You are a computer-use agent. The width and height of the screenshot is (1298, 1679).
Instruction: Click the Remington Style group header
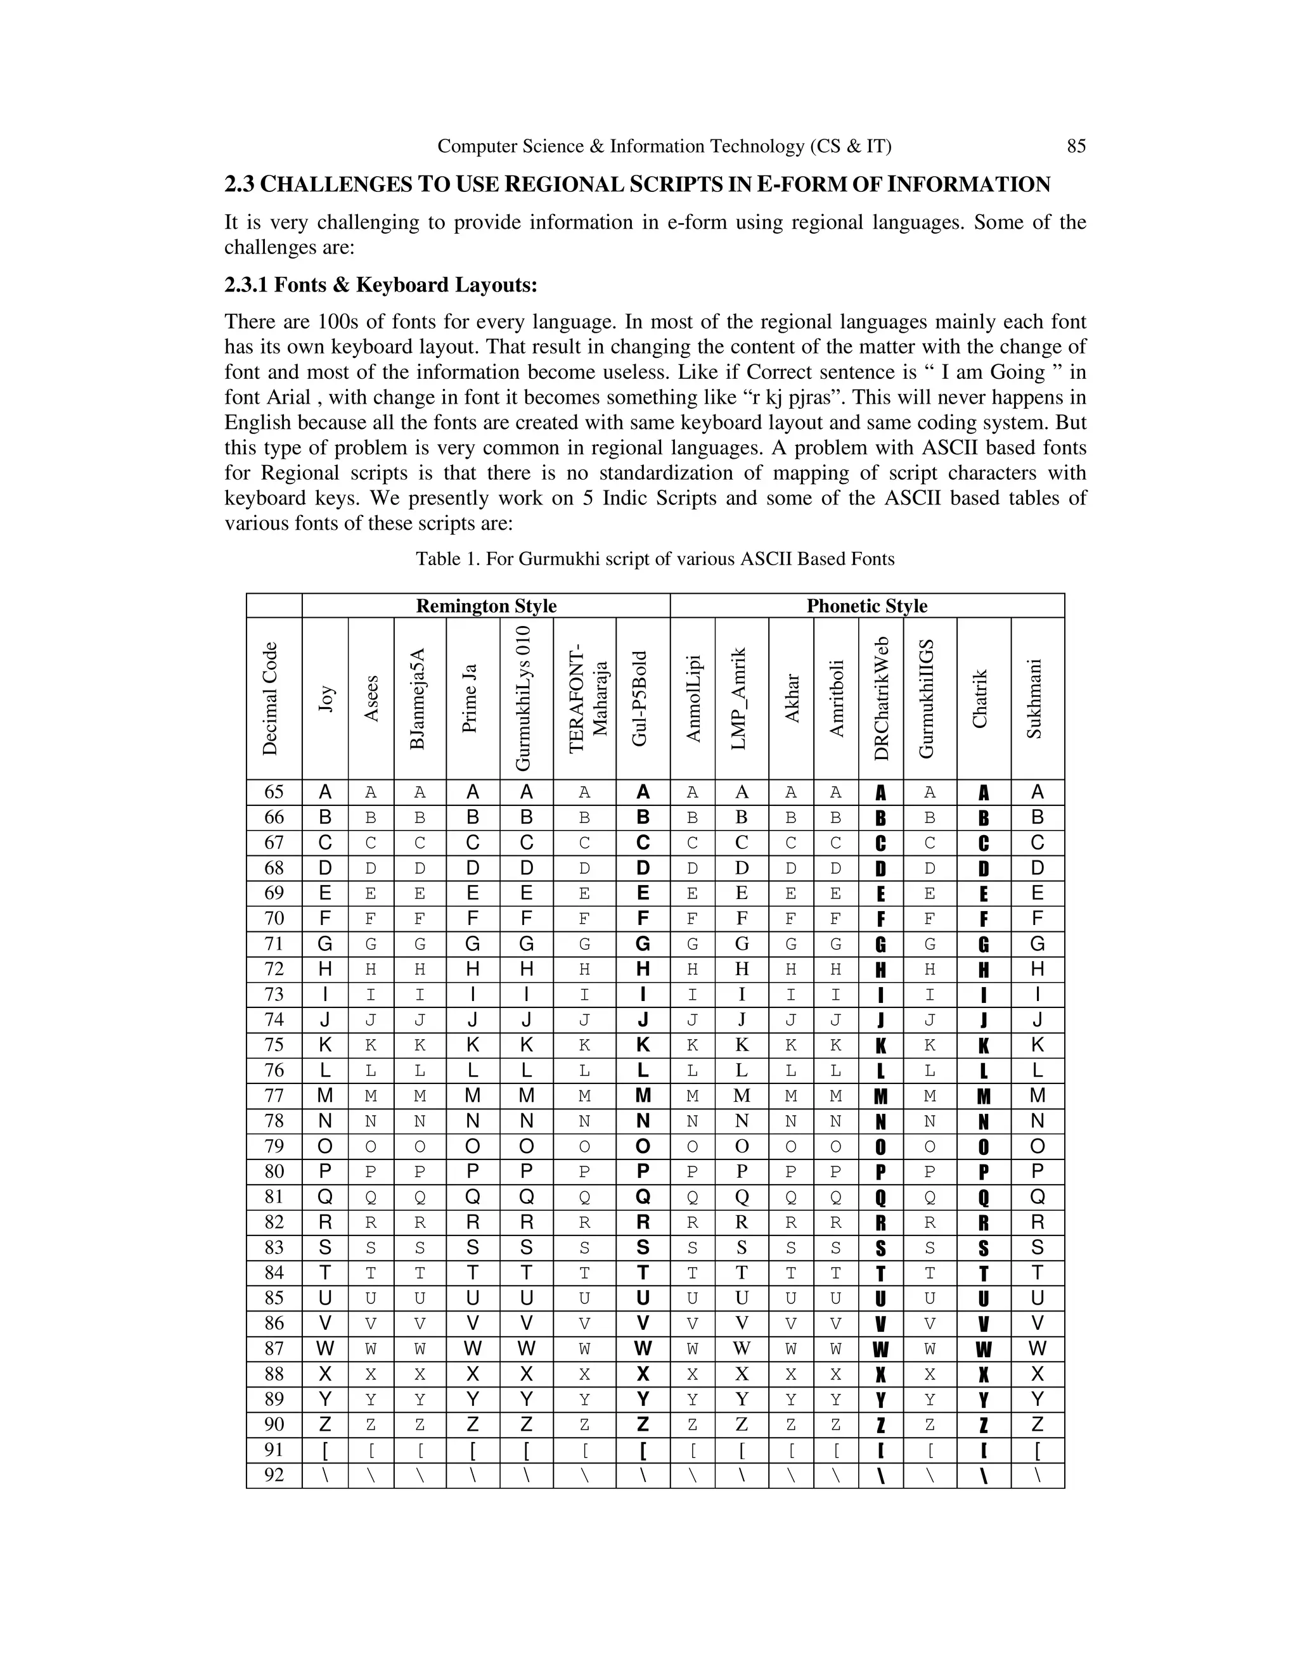tap(486, 606)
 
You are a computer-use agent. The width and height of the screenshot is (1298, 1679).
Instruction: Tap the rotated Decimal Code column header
tap(270, 698)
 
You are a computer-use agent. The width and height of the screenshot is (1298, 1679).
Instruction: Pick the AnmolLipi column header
tap(693, 698)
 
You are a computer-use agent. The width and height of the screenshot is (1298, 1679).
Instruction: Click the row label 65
tap(274, 792)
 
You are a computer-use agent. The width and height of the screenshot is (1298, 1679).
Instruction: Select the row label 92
tap(274, 1475)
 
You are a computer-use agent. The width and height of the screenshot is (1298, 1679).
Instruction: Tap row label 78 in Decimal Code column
tap(274, 1121)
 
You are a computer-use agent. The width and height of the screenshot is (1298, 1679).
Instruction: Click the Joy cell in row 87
tap(325, 1348)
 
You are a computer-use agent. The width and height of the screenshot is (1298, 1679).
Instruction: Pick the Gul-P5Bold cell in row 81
tap(643, 1197)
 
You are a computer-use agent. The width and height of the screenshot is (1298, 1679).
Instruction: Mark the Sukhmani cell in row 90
tap(1038, 1424)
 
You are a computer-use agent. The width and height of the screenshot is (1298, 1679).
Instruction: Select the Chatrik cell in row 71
tap(984, 944)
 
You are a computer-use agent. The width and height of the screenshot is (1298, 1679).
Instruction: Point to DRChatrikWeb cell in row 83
tap(880, 1248)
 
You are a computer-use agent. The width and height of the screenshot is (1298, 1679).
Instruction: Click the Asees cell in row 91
tap(371, 1450)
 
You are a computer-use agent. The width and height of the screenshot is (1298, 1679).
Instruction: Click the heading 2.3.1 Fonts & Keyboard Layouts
tap(381, 285)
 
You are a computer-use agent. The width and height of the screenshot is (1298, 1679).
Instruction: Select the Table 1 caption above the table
tap(655, 559)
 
